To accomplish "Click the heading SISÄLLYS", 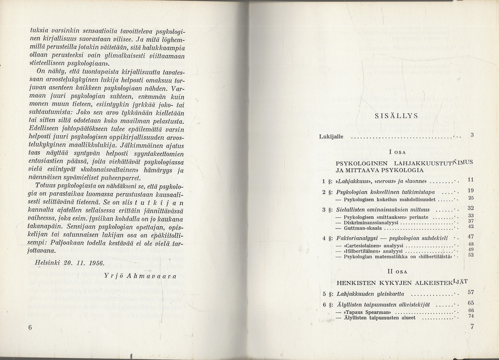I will coord(396,115).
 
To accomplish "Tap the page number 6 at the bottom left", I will coord(30,327).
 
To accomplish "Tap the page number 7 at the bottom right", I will coord(472,327).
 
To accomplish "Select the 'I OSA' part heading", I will coord(398,152).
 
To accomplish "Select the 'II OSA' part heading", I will coord(399,271).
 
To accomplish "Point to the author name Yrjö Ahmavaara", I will coord(140,275).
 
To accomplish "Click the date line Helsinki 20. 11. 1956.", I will coord(69,262).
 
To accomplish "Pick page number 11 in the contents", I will coord(471,180).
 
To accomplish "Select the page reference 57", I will coord(471,292).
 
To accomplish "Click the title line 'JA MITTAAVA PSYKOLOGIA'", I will coord(379,170).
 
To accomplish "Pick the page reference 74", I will coord(471,316).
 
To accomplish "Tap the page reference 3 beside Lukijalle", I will coord(472,135).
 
